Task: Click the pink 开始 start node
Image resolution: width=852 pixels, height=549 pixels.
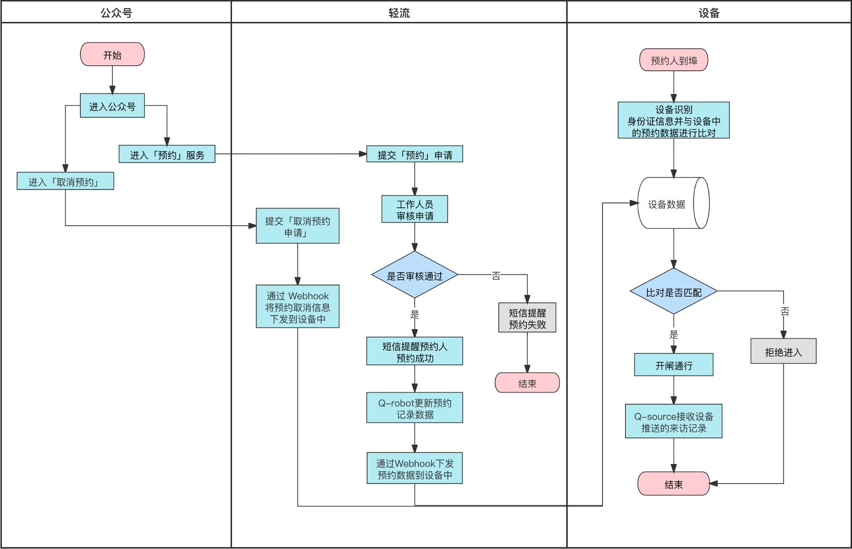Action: [112, 54]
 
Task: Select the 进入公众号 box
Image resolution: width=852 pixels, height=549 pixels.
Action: [112, 106]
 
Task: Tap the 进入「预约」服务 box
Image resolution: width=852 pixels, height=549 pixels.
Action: [167, 154]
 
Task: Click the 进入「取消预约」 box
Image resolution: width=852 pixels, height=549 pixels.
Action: [65, 181]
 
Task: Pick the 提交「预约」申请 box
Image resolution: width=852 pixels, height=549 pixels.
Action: [415, 154]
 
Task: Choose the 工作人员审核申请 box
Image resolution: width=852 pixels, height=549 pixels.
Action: [415, 209]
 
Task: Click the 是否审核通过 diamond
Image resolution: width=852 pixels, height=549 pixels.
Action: [415, 275]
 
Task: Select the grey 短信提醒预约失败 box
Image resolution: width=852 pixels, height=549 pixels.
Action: [527, 318]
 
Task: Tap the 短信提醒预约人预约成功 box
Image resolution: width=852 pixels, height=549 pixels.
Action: [415, 351]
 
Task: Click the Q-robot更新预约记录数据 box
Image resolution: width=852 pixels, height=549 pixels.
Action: [415, 408]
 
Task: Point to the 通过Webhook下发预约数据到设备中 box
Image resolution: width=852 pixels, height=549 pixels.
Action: [415, 468]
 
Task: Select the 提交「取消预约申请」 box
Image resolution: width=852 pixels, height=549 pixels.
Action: [298, 226]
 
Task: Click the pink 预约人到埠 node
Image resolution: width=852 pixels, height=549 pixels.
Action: [673, 60]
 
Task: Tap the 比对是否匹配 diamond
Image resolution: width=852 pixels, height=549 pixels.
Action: [673, 292]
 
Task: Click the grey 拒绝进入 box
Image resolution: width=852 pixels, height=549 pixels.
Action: [783, 351]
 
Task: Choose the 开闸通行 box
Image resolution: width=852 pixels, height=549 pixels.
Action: [673, 365]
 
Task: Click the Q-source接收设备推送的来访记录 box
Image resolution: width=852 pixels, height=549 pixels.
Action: [673, 422]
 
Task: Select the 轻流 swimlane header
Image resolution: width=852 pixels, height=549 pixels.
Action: [399, 12]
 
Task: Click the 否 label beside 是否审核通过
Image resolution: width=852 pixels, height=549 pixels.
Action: [496, 276]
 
